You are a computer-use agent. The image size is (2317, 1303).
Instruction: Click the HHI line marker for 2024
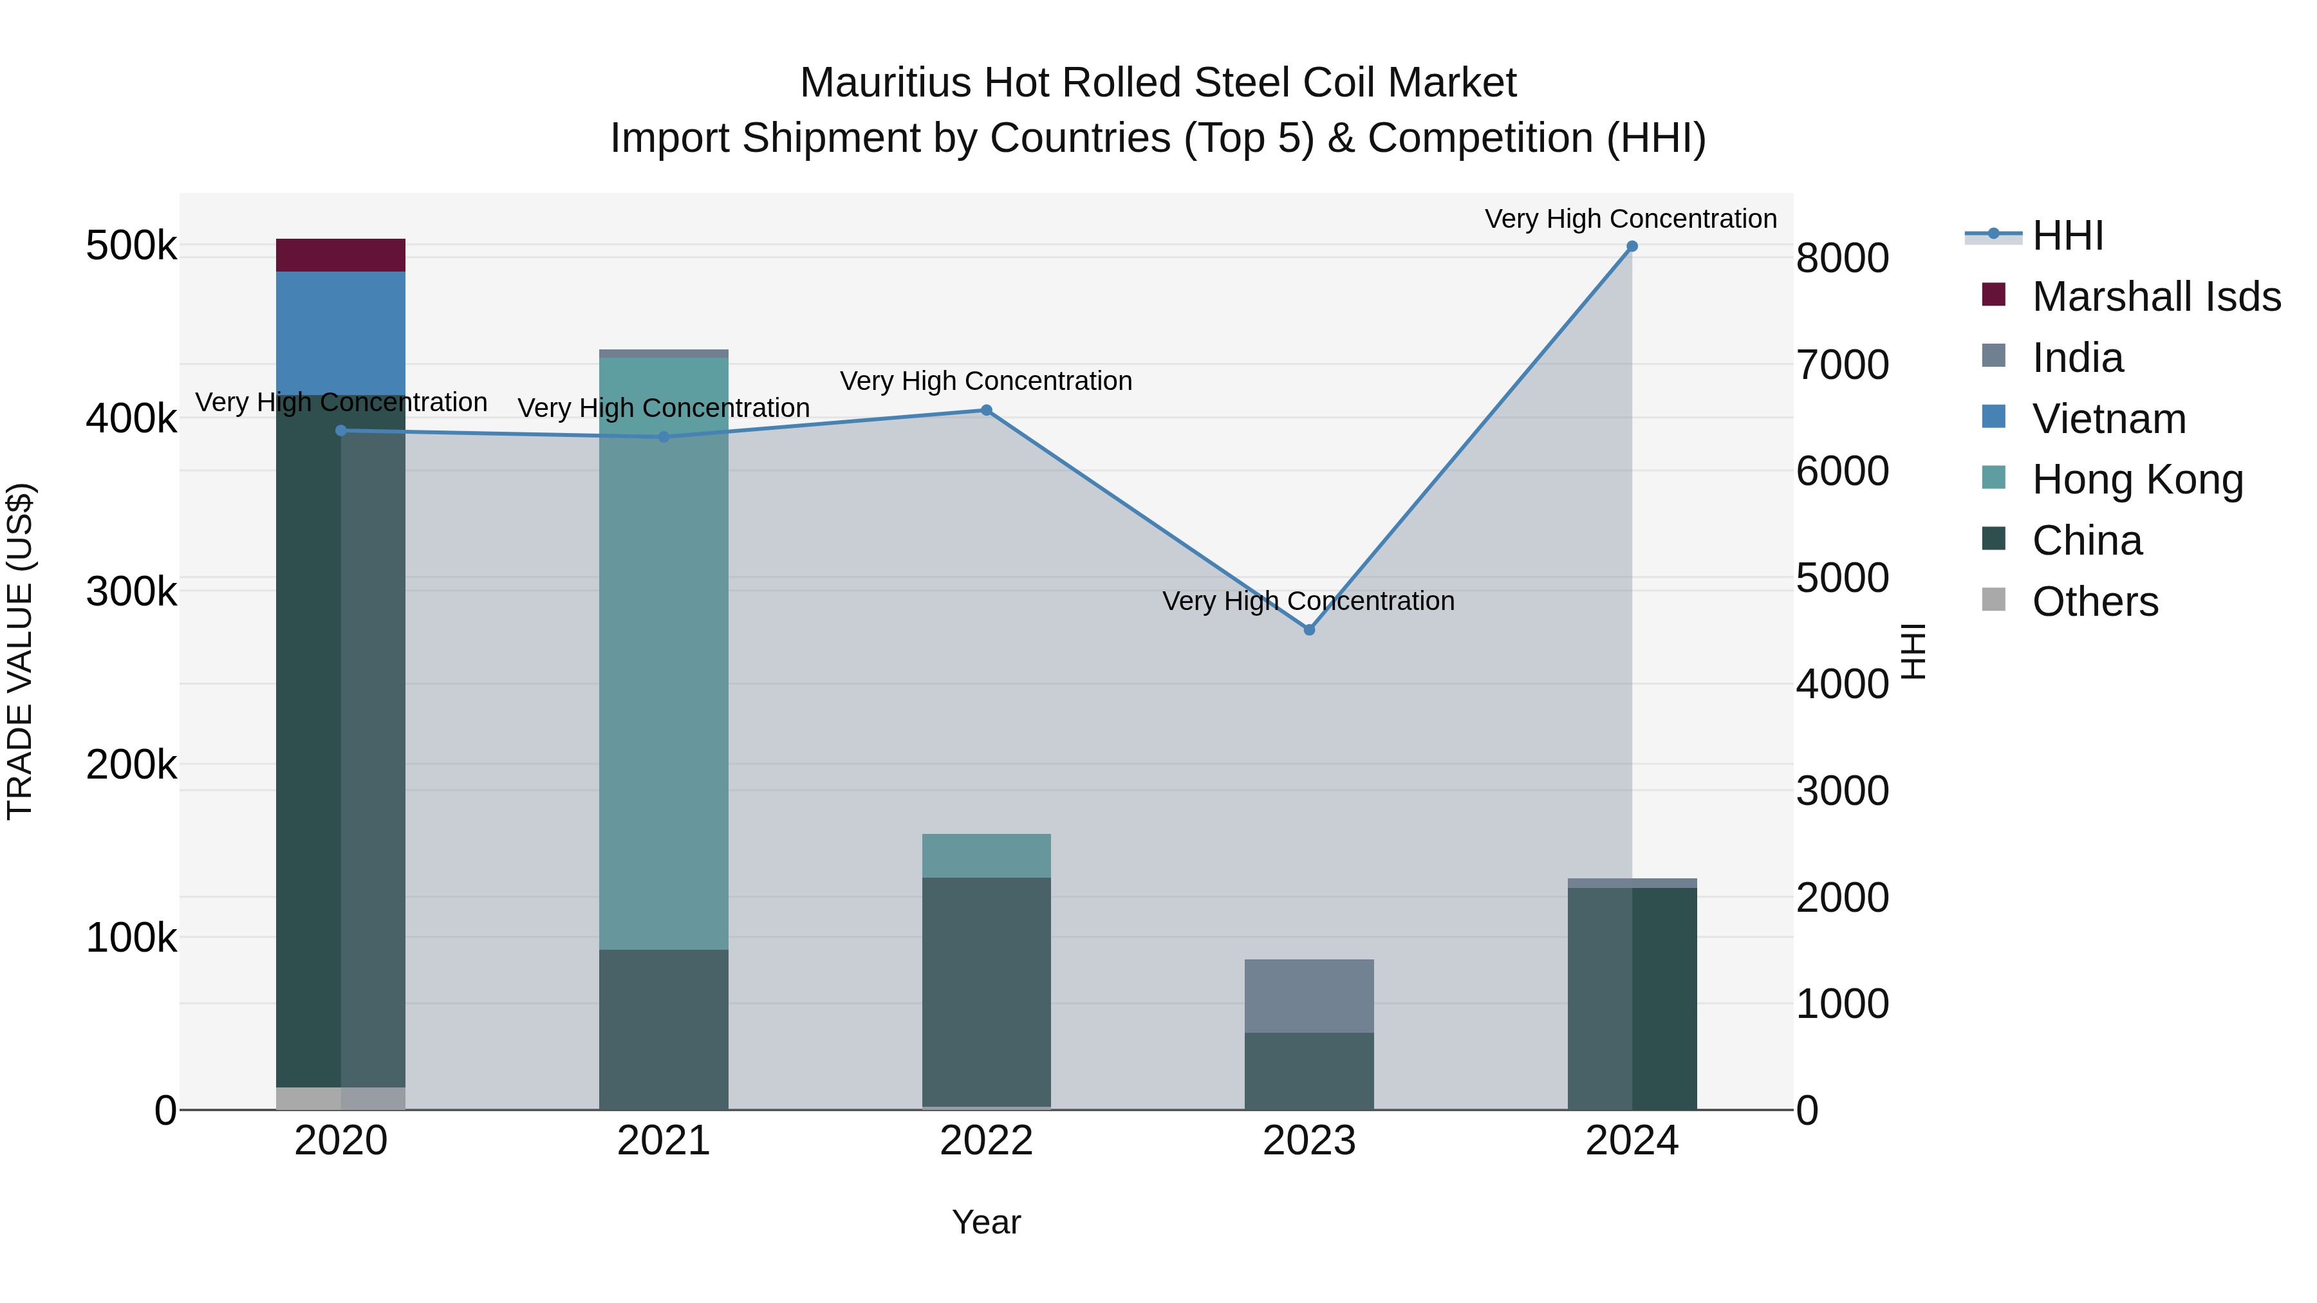[x=1632, y=246]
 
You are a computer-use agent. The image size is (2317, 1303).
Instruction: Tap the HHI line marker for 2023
[x=1308, y=631]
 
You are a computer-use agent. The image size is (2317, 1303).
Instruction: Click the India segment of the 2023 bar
[x=1308, y=995]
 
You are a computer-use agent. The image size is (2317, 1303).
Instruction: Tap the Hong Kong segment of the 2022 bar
[x=986, y=855]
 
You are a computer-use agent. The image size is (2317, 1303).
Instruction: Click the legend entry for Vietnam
[x=2108, y=419]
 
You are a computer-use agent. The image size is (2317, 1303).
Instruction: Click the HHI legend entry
[x=2067, y=236]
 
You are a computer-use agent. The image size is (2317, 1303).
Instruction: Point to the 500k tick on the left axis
[x=131, y=246]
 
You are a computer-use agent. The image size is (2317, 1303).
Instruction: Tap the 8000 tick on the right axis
[x=1842, y=258]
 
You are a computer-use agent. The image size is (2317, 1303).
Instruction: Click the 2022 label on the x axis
[x=986, y=1141]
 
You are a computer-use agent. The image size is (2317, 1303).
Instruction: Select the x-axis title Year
[x=986, y=1222]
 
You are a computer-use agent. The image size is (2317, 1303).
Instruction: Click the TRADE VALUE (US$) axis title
[x=20, y=651]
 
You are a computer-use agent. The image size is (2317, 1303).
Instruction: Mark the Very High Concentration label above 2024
[x=1630, y=219]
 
